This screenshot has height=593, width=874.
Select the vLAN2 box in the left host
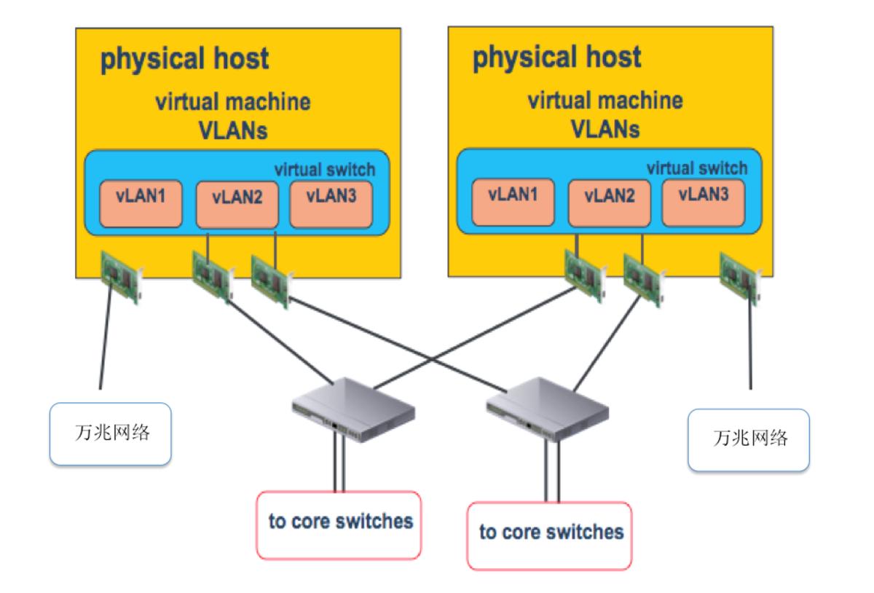(237, 204)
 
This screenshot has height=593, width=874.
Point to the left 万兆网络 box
(110, 434)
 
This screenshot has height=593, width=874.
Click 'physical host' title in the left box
(184, 59)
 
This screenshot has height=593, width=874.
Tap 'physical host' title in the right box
(557, 57)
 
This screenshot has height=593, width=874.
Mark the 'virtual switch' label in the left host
(324, 169)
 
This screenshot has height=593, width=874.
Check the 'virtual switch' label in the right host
(697, 168)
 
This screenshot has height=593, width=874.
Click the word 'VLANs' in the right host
(605, 128)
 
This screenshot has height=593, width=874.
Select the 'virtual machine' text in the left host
(232, 102)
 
